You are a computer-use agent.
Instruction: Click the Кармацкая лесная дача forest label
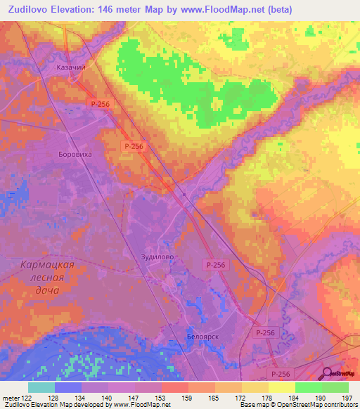point(43,277)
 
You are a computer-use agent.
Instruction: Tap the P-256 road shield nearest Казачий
point(100,103)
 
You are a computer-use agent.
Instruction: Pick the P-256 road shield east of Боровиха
point(133,146)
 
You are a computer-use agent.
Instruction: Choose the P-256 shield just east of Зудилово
point(217,264)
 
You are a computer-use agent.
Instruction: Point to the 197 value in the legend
point(347,398)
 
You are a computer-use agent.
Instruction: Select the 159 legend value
point(188,398)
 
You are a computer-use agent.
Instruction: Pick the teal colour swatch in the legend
point(41,387)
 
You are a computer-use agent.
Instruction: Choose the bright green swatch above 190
point(308,387)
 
